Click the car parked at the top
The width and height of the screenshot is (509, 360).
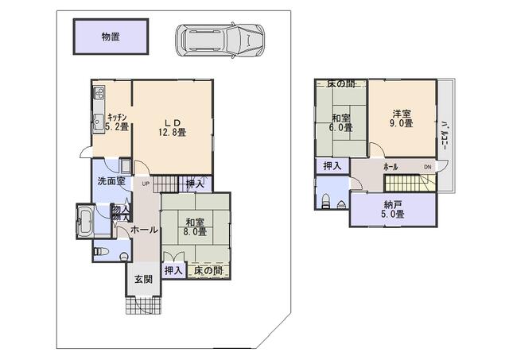pos(220,37)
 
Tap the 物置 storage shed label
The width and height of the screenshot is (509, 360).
pos(111,37)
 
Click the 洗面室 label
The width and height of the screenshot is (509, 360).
pos(111,181)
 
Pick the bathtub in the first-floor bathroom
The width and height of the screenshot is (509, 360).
pos(85,220)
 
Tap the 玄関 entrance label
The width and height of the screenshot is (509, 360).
pos(143,279)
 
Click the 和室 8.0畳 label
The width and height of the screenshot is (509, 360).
pos(196,226)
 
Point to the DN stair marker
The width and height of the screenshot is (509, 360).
pos(427,167)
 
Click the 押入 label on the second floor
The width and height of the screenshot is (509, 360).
pos(332,166)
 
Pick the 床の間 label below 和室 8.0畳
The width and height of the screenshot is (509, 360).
pos(208,271)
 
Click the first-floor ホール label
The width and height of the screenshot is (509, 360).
pos(143,230)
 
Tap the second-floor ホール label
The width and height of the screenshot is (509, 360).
pos(390,167)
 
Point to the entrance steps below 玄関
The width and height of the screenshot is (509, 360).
pos(143,305)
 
